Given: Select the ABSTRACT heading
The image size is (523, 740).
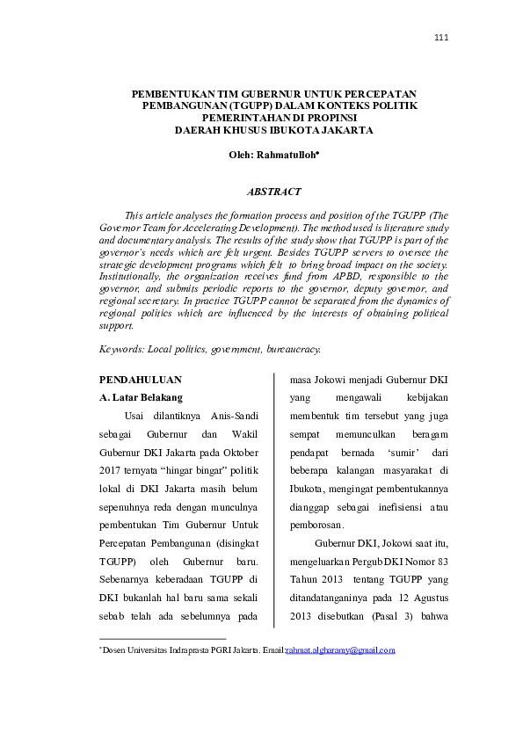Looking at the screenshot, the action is pos(276,192).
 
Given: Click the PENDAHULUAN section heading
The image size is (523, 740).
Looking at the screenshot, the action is pos(141,380).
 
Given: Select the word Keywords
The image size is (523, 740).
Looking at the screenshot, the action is pos(121,349).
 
